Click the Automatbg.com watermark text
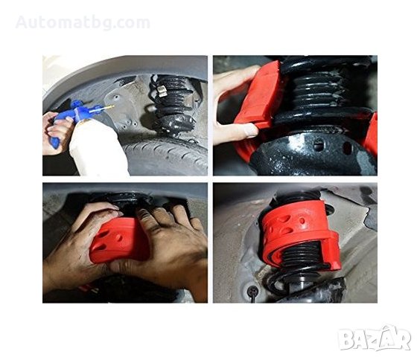tap(83, 22)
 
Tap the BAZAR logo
tap(375, 338)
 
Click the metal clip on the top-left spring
tap(162, 91)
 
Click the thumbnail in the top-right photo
tap(251, 131)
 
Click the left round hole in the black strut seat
tap(318, 145)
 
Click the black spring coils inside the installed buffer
tap(300, 254)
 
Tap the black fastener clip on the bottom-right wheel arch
tap(252, 291)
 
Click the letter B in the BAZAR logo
tap(346, 340)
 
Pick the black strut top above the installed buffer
tap(296, 196)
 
